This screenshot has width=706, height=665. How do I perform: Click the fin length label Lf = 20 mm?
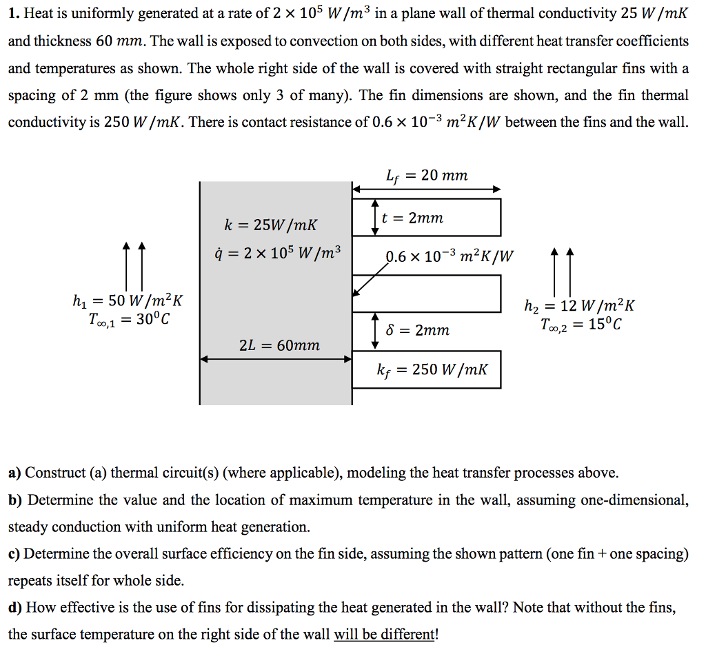tap(427, 176)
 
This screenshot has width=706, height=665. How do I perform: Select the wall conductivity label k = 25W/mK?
tap(271, 224)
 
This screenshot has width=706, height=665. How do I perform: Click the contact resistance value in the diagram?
tap(450, 257)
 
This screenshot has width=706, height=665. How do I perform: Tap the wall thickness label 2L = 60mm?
tap(279, 345)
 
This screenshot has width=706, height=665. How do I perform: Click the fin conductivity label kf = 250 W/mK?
tap(432, 370)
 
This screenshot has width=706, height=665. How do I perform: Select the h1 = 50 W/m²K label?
tap(127, 301)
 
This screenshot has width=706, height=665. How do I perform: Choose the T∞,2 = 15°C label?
tap(581, 324)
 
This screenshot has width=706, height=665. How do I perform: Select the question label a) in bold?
tap(14, 473)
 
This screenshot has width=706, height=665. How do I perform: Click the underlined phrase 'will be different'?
tap(384, 634)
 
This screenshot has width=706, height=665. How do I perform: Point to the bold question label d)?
tap(15, 607)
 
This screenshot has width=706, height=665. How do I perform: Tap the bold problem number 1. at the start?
tap(13, 14)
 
